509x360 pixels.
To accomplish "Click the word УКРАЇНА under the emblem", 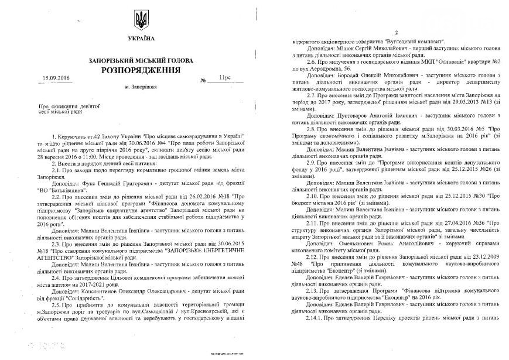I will tap(141, 38).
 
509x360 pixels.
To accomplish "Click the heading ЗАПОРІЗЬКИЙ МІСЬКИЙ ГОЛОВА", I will tap(141, 60).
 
